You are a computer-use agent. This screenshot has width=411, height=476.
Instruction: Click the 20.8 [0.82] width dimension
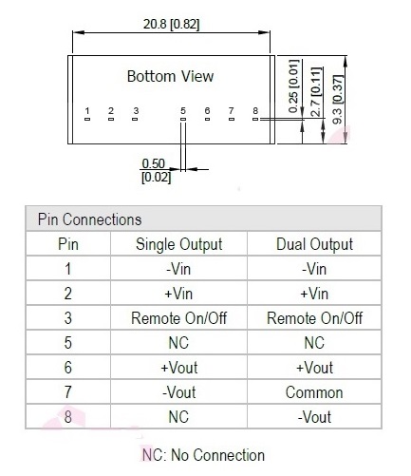pos(171,25)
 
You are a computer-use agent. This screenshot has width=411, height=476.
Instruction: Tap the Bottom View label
pos(170,76)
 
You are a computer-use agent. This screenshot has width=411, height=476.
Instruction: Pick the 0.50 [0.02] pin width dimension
pos(156,170)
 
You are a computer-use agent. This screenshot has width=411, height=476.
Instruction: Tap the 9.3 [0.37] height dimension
pos(338,100)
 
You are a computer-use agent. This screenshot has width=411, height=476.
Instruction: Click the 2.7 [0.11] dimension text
pos(317,92)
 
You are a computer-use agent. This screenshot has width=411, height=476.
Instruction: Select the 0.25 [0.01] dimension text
pos(293,86)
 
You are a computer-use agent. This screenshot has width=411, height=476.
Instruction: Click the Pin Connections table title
pos(89,219)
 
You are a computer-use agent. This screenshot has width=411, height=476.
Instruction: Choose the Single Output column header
pos(178,244)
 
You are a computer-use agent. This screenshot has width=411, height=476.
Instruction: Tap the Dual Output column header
pos(314,244)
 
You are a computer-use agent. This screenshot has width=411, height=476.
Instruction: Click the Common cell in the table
pos(314,392)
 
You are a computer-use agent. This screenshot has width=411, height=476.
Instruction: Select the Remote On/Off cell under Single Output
pos(178,318)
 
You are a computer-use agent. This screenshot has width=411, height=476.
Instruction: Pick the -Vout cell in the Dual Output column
pos(314,417)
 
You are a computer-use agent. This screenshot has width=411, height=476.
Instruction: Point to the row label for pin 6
pos(68,368)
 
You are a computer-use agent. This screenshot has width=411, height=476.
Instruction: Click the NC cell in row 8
pos(178,417)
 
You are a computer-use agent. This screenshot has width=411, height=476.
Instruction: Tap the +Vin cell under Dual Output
pos(314,294)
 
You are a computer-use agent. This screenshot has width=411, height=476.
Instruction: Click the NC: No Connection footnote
pos(203,455)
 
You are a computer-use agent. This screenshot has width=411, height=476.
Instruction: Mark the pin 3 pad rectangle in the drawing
pos(135,119)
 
